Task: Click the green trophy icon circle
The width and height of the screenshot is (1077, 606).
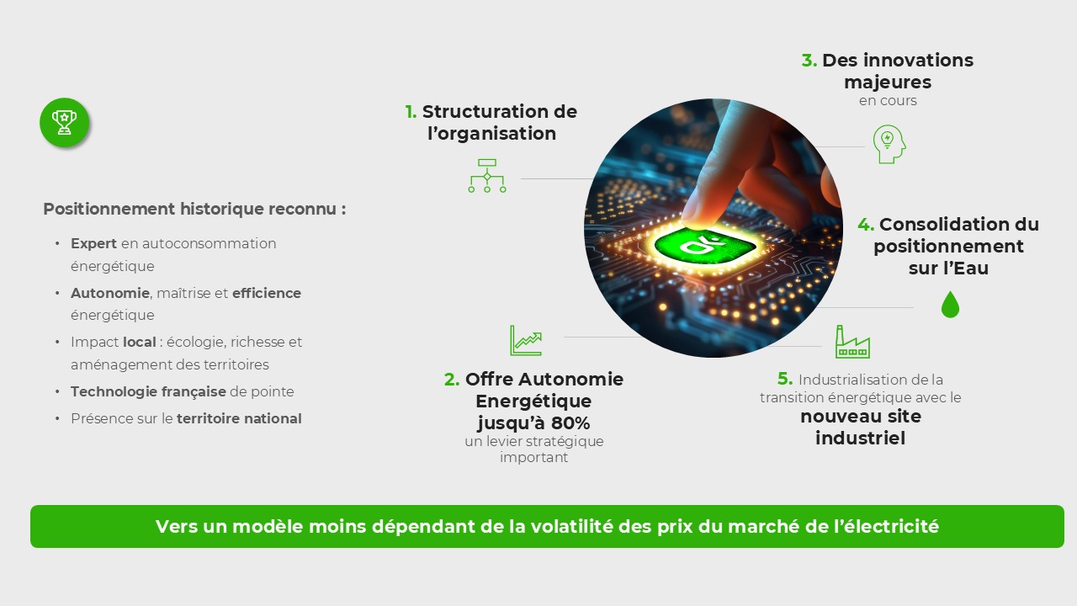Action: [x=64, y=123]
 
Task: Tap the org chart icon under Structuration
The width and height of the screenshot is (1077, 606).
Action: [x=487, y=175]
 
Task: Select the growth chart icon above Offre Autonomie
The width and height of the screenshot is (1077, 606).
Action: [x=526, y=340]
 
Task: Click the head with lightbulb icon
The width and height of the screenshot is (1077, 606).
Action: [x=889, y=144]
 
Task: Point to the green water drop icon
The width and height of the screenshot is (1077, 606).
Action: [x=950, y=305]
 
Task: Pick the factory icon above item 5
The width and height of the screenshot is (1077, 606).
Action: [x=852, y=342]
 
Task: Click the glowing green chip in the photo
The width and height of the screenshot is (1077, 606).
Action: [x=706, y=246]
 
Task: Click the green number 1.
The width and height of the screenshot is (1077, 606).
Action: [x=411, y=112]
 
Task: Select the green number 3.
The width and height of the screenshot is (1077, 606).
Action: [x=809, y=61]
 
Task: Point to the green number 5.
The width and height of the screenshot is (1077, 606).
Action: [x=785, y=380]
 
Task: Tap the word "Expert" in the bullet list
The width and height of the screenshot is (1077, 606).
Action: [x=93, y=243]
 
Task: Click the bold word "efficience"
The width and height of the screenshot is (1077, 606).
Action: [x=267, y=293]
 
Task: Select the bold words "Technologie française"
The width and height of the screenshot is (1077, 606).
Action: [x=148, y=391]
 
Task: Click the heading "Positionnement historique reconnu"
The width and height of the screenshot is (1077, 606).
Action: [x=194, y=210]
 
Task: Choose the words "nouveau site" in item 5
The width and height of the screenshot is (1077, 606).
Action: [x=860, y=417]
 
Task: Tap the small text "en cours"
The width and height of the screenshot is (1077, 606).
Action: [x=888, y=101]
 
